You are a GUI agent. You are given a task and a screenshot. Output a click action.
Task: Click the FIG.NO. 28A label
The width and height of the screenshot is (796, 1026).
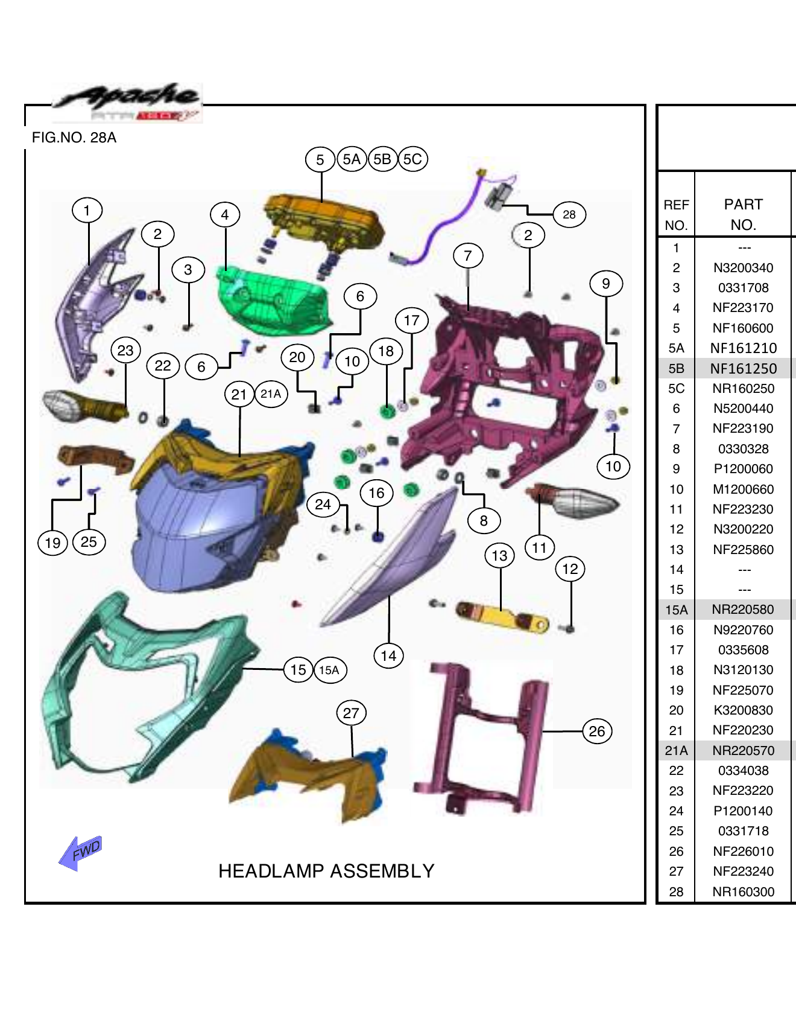coord(74,138)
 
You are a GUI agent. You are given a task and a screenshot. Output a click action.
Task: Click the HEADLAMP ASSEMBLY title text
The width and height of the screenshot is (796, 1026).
coord(326,871)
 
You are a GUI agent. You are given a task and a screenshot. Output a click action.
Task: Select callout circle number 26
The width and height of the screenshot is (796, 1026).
coord(596,731)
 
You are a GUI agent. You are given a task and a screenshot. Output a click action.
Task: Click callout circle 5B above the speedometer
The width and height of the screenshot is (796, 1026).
coord(382,159)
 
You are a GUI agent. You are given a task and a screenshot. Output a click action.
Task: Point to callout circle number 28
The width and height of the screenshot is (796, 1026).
coord(569,214)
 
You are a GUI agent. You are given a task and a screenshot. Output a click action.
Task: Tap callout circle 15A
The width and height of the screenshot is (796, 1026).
coord(329,670)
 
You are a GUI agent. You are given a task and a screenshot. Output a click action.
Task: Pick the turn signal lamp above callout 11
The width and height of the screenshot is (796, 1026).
coord(576,501)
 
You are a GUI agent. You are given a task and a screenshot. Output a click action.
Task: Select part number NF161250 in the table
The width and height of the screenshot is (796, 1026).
coord(743,368)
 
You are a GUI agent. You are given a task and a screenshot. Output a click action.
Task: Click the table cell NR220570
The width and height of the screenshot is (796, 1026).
coord(743,750)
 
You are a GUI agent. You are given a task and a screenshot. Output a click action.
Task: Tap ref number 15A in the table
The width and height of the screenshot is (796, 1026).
coord(676,610)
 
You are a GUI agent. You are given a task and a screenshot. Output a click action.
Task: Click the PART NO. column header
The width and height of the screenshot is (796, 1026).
coord(743,214)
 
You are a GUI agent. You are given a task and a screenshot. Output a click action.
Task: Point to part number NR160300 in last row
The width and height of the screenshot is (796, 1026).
coord(743,891)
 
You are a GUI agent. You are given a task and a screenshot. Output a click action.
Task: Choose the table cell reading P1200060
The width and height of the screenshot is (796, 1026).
coord(743,469)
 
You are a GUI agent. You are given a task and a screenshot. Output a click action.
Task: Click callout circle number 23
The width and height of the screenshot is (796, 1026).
coord(125,351)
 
